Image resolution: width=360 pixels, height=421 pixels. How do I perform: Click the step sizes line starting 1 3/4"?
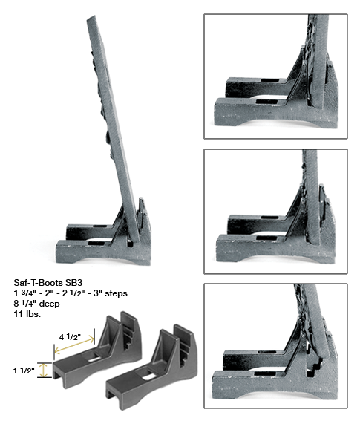tap(71, 293)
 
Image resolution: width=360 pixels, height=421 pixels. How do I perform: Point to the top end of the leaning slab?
tap(94, 21)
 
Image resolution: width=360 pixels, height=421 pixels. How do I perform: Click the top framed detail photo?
tap(275, 76)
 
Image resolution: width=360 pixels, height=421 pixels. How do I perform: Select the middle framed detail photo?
tap(275, 211)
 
